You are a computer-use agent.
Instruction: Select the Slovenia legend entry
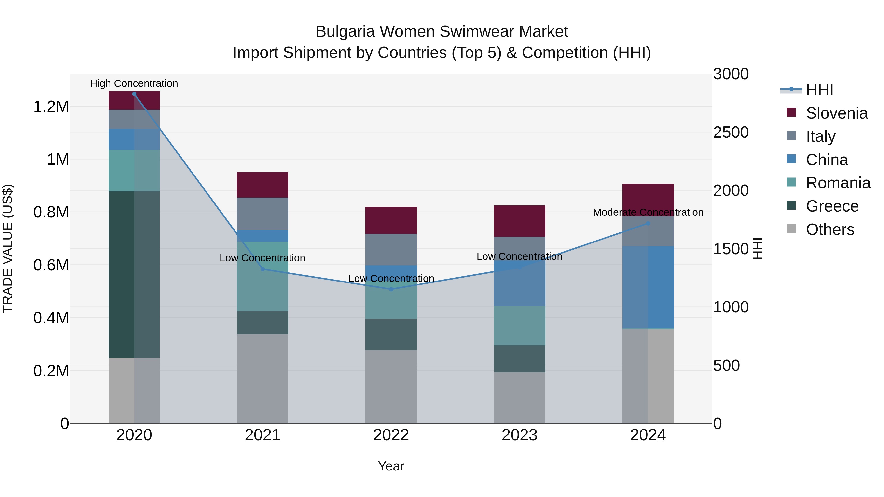point(836,113)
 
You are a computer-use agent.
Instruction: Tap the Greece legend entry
point(832,206)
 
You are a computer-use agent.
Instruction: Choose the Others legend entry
point(830,229)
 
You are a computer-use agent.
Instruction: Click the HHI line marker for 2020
point(134,94)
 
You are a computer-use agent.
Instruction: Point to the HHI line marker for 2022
point(391,289)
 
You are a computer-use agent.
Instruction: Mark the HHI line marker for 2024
point(648,223)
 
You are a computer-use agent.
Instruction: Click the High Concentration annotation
point(134,84)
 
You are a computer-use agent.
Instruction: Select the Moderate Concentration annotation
point(648,212)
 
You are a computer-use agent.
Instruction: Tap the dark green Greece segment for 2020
point(121,274)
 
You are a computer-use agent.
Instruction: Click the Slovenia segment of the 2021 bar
point(262,185)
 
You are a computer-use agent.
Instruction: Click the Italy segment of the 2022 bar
point(391,249)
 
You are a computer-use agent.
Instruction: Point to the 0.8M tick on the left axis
point(51,212)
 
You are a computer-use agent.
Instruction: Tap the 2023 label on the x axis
point(520,435)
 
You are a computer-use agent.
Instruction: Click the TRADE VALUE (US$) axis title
point(8,248)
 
